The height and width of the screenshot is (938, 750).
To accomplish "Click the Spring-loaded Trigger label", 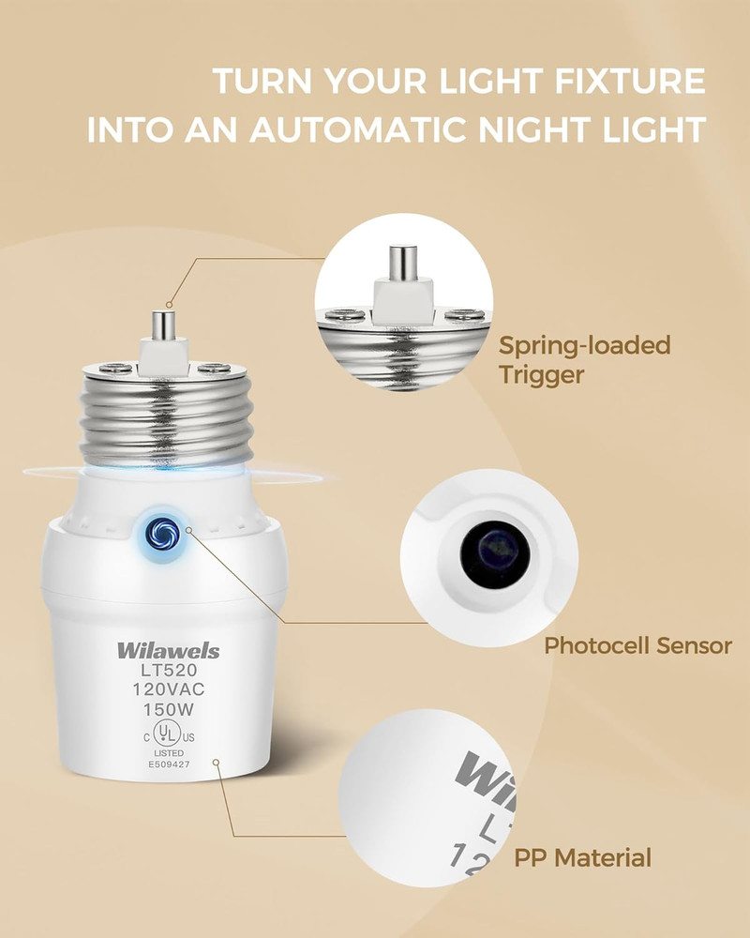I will (x=584, y=359).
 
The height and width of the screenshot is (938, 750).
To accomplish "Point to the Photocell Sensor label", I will (x=637, y=645).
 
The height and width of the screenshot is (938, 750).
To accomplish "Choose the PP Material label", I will (x=582, y=856).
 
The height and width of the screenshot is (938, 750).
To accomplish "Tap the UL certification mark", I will (x=165, y=732).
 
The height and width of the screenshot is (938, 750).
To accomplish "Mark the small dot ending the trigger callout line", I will (x=169, y=304).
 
